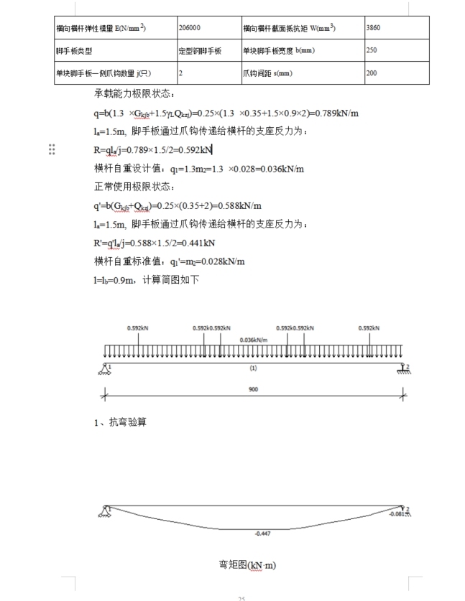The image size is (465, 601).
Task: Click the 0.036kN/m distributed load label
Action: pos(253,340)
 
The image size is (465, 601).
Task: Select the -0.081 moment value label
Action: pos(397,514)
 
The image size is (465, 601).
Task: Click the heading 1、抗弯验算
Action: pos(120,422)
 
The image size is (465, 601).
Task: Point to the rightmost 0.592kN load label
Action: pos(369,328)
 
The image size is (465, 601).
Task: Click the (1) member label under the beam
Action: pos(253,368)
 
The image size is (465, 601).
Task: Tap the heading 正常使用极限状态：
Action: pos(134,187)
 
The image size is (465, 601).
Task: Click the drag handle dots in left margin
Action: pos(52,149)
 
